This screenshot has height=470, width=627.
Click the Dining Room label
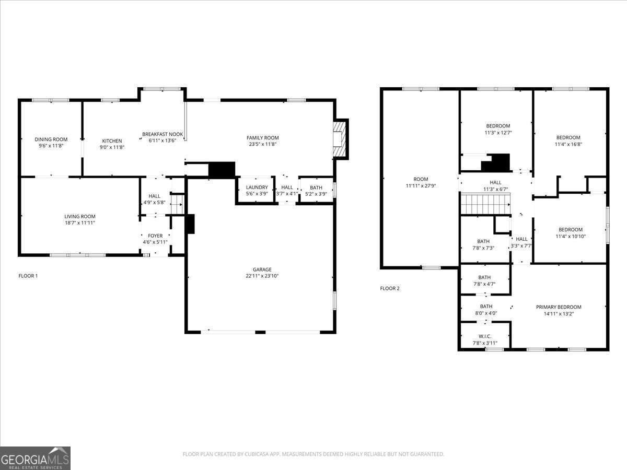[51, 139]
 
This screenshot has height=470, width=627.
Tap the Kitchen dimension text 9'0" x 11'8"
[112, 147]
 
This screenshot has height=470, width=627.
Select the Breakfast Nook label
[162, 134]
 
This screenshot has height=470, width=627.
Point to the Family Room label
[262, 138]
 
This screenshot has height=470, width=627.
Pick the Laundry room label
[257, 187]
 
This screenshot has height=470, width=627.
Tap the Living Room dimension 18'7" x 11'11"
[80, 223]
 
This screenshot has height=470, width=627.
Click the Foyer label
[155, 236]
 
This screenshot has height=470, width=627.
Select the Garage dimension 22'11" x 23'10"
[262, 276]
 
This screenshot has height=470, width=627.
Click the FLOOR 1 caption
[28, 276]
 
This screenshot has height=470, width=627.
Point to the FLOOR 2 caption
[390, 288]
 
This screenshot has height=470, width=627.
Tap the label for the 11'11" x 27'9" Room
[421, 179]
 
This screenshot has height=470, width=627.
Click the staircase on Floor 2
[485, 204]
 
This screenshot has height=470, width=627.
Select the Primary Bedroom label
[559, 307]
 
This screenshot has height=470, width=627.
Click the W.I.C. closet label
[485, 336]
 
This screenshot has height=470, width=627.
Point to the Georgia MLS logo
[35, 459]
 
